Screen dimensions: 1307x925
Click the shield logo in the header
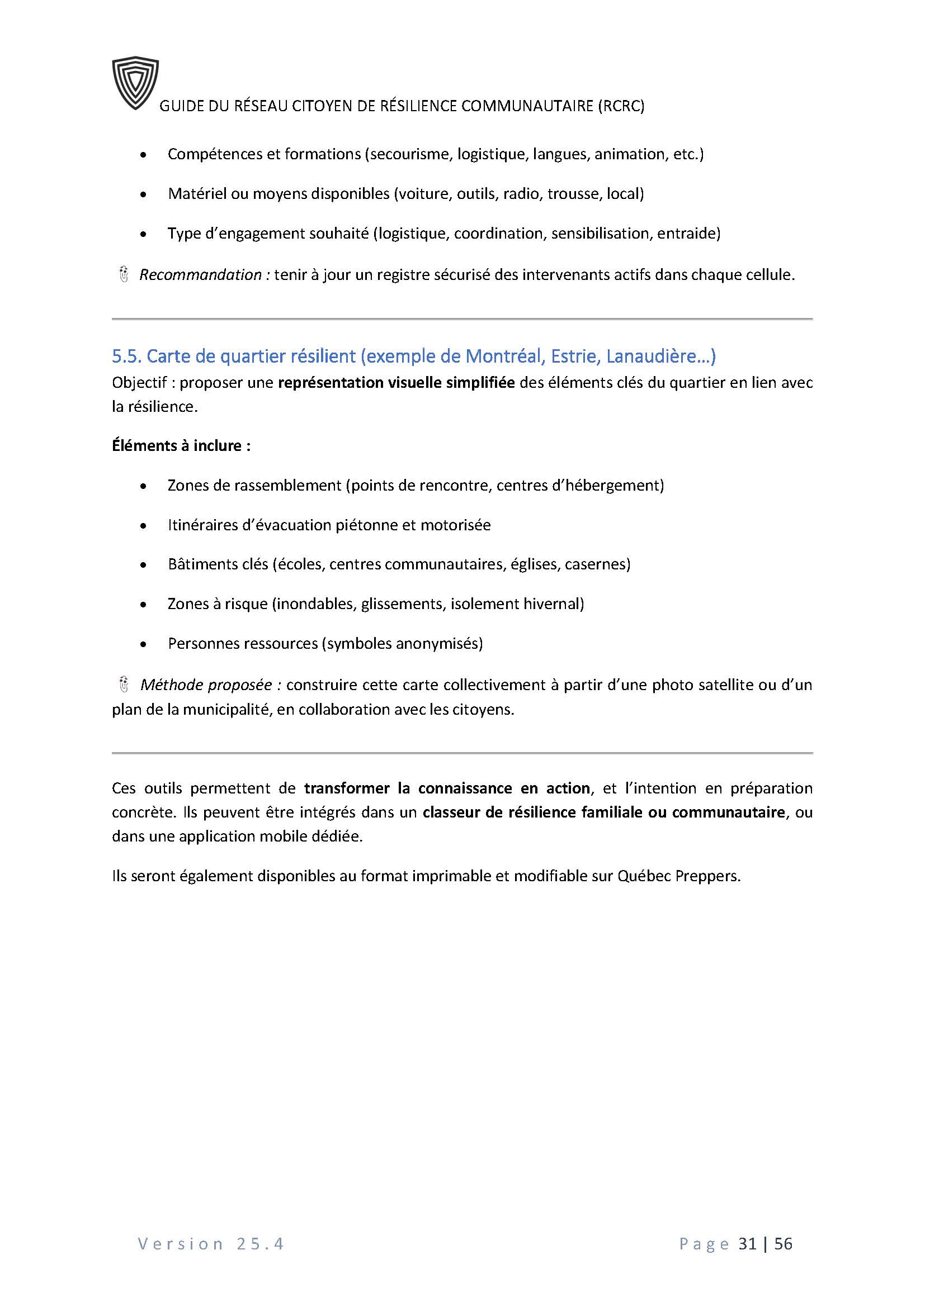(135, 83)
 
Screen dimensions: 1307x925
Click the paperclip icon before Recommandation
(124, 274)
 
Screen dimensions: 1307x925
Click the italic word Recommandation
(201, 275)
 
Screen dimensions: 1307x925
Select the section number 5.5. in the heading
(127, 357)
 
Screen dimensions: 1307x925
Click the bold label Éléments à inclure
(181, 445)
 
